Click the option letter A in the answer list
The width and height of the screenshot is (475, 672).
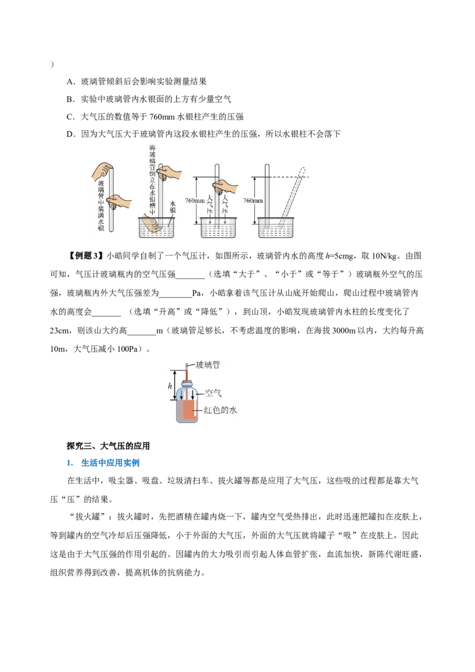point(70,81)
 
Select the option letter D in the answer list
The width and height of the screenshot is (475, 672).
point(70,134)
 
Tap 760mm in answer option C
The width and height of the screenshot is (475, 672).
point(162,116)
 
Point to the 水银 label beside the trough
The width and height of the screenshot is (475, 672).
point(172,207)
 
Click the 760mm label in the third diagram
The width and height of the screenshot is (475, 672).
point(195,201)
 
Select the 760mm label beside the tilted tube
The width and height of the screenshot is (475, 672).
point(253,201)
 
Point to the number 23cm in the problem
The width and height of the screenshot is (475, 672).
point(59,331)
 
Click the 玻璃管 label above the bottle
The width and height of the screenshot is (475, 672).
point(208,364)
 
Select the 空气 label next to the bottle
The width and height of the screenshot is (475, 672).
point(213,393)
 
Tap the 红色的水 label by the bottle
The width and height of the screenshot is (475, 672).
point(220,410)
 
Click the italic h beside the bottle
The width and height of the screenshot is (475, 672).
point(170,386)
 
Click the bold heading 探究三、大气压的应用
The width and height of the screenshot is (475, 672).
point(108,446)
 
